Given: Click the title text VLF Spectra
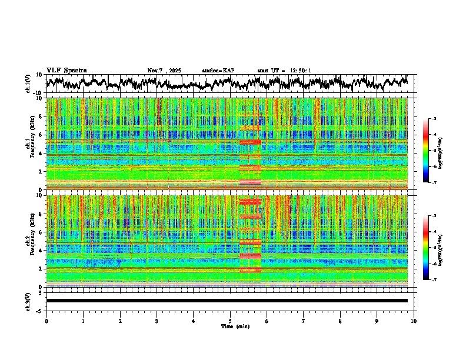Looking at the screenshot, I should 66,71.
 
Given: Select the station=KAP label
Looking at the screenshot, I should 218,71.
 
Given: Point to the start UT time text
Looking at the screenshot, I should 284,71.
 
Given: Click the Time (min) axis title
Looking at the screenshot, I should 235,326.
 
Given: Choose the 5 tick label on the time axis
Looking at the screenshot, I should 230,321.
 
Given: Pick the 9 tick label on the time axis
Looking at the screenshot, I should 377,321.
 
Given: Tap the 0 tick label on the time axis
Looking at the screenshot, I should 46,321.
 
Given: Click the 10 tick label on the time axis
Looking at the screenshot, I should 414,321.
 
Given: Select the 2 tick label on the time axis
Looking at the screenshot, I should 120,321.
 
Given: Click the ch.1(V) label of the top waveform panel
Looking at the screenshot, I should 28,84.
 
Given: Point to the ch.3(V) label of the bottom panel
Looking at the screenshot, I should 28,301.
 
